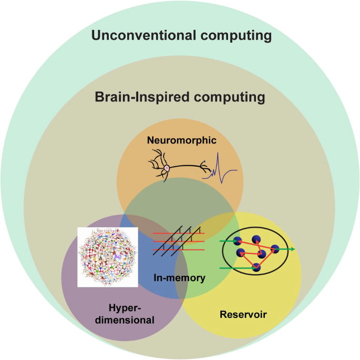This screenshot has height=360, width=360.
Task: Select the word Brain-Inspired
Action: pyautogui.click(x=138, y=98)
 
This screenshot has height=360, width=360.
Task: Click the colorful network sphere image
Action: pyautogui.click(x=108, y=256)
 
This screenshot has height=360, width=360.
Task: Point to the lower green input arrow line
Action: pyautogui.click(x=234, y=268)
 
